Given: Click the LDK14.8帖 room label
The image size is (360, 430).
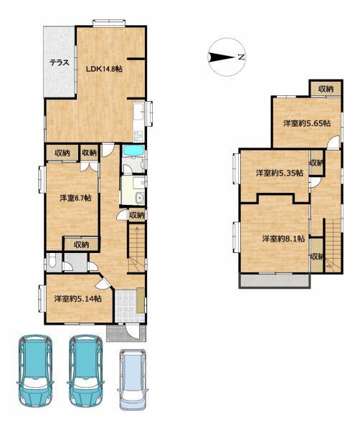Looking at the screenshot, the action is [x=104, y=69].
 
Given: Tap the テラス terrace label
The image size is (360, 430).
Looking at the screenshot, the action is [x=59, y=63].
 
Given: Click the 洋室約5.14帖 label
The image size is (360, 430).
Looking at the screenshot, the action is [x=77, y=298].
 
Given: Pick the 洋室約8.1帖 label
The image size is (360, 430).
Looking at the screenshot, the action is [x=283, y=239].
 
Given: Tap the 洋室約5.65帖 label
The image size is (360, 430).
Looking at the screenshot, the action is [x=306, y=123].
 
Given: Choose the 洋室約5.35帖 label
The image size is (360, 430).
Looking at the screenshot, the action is [x=280, y=173].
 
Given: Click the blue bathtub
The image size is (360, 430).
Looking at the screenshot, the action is [x=133, y=150].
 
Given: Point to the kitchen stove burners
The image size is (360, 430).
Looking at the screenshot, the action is [x=138, y=135].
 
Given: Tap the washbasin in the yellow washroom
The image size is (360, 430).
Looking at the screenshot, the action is [x=140, y=198].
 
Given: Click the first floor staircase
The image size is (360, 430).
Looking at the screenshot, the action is [x=136, y=248].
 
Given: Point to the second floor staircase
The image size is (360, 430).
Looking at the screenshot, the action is [x=333, y=244].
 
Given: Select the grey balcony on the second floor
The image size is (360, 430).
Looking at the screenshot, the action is [x=275, y=280].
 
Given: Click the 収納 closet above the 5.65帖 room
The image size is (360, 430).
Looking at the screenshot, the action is [x=326, y=89].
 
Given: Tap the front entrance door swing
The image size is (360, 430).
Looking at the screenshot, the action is [x=132, y=331].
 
